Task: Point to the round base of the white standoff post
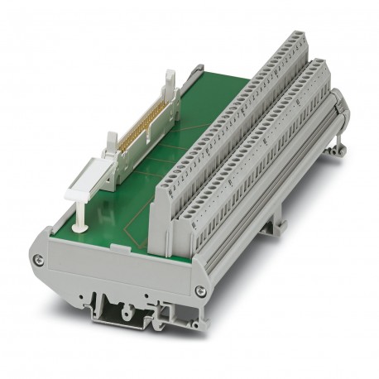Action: coord(83,222)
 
